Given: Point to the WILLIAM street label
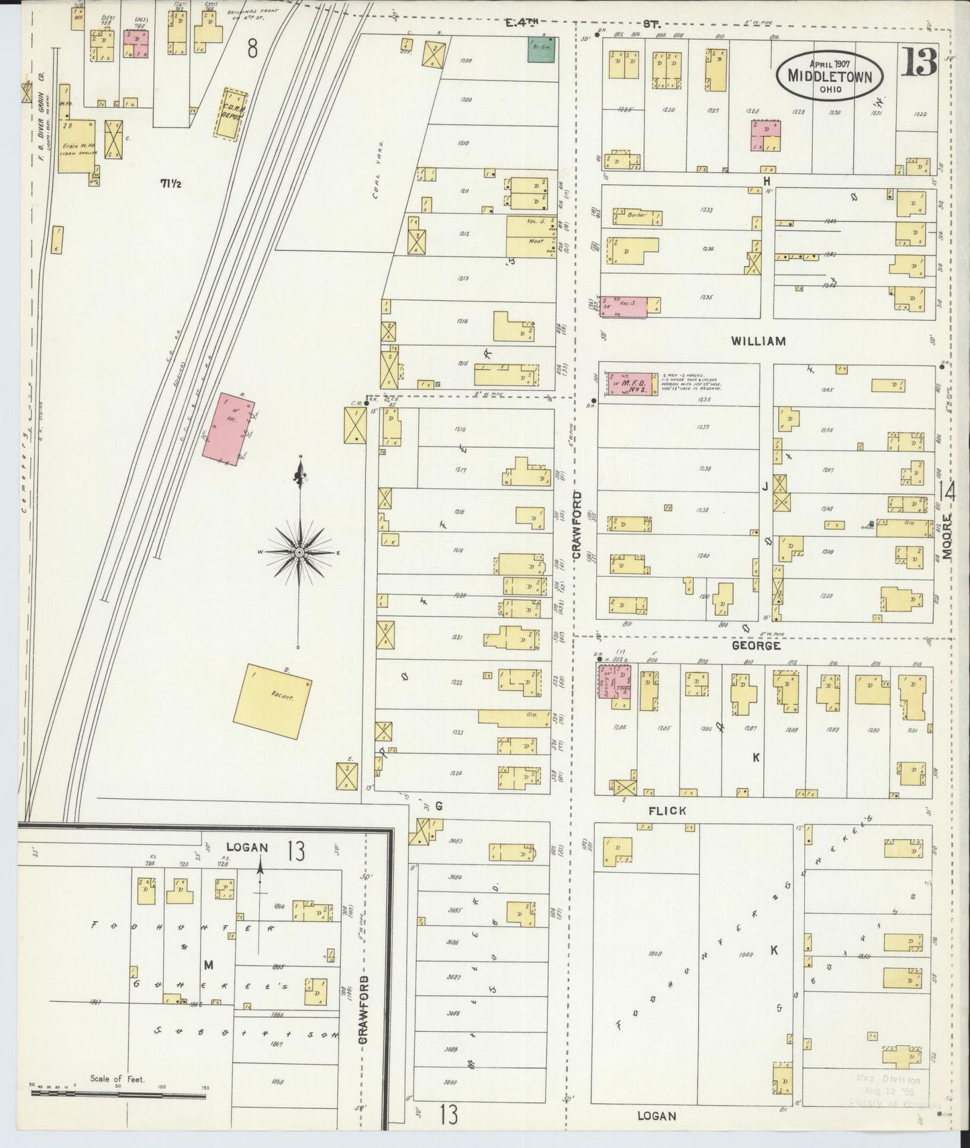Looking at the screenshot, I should tap(759, 341).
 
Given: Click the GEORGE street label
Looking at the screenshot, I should tap(755, 646).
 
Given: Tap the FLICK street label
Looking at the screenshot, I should tap(667, 810).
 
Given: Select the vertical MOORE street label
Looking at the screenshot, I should tap(947, 537).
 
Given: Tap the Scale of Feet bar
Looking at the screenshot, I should tap(118, 1094).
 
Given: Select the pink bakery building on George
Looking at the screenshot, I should tap(615, 686).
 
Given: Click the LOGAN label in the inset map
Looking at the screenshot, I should tap(246, 847).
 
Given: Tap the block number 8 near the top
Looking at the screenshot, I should tap(252, 48).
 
